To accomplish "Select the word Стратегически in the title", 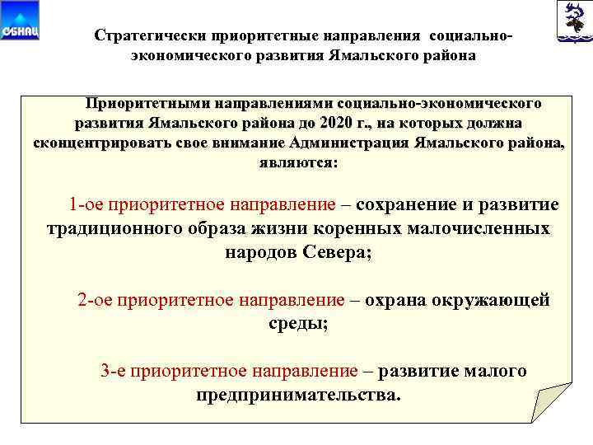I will point(151,36).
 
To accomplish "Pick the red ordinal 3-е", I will point(114,371).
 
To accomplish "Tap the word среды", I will point(297,324).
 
